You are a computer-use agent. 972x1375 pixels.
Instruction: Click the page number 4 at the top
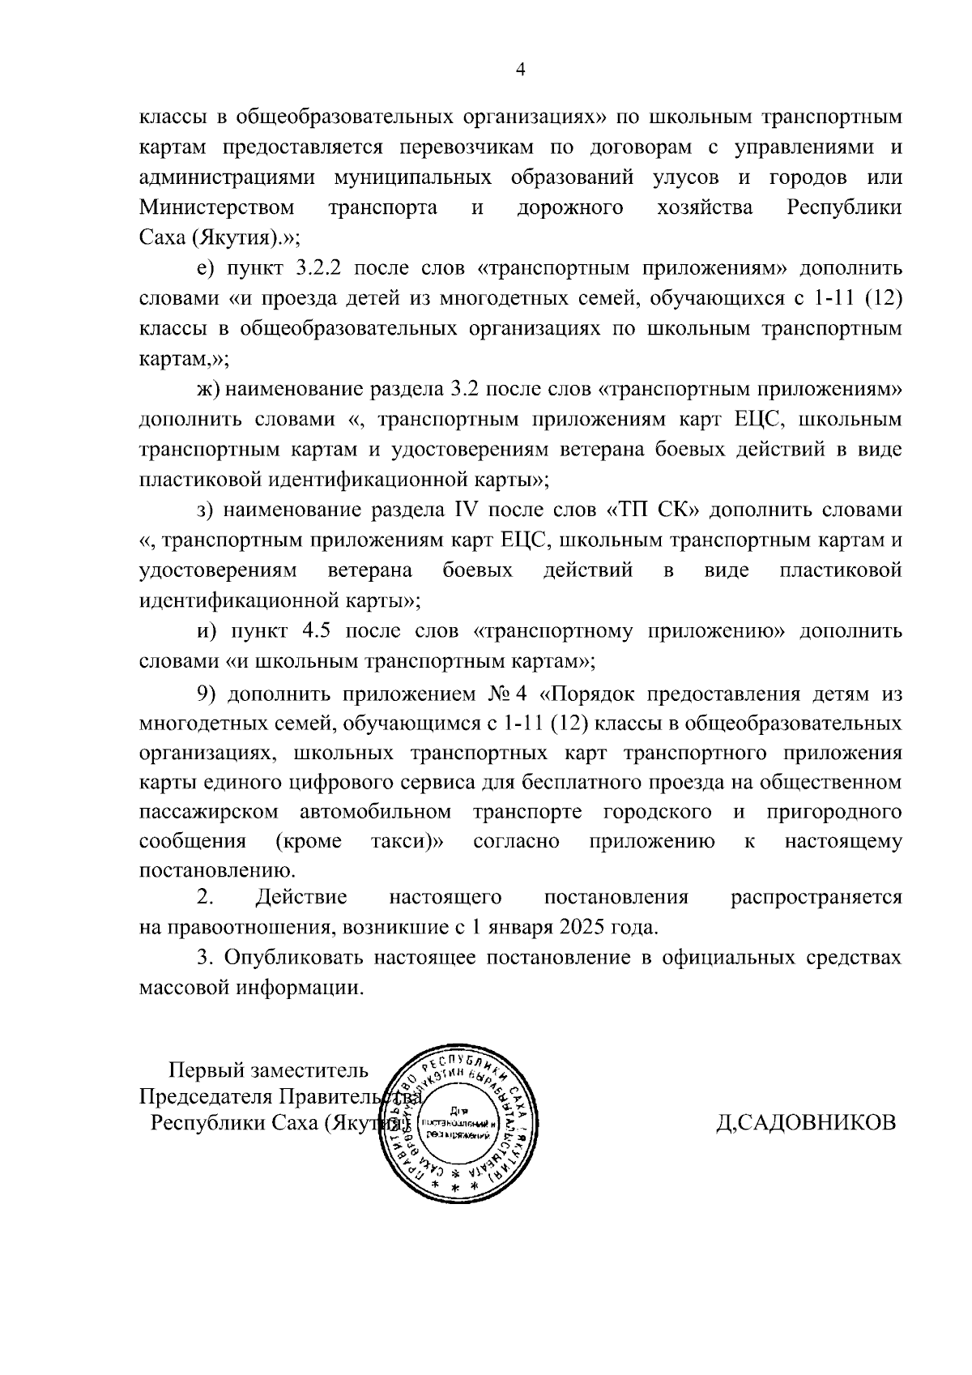click(521, 70)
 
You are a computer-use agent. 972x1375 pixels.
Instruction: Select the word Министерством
click(216, 207)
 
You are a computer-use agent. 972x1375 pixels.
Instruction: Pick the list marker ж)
click(208, 389)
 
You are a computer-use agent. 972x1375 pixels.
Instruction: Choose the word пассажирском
click(209, 812)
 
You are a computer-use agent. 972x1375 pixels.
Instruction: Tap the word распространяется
click(816, 897)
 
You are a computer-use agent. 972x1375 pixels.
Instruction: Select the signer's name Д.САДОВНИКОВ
click(806, 1123)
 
